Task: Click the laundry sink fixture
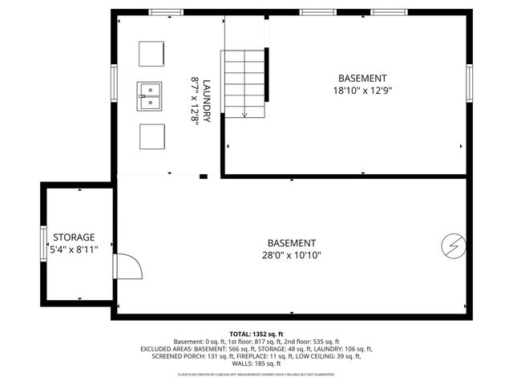(x=150, y=95)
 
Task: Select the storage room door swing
(x=127, y=269)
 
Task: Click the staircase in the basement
(x=244, y=82)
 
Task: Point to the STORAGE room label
(x=74, y=237)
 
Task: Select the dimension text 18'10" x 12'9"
(x=362, y=91)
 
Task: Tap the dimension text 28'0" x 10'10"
(x=292, y=256)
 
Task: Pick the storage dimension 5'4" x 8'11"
(x=74, y=250)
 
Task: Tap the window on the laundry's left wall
(x=114, y=81)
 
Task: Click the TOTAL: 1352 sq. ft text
(x=256, y=334)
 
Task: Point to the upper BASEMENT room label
(x=362, y=79)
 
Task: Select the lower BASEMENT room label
(x=292, y=243)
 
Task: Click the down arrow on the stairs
(x=244, y=112)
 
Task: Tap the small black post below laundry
(x=204, y=176)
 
